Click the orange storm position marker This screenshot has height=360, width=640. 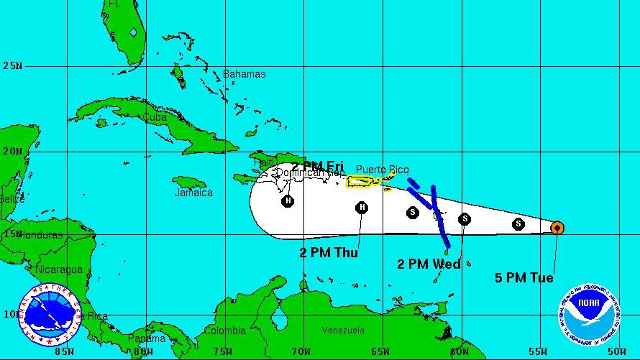point(557,228)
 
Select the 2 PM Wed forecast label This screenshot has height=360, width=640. point(429,264)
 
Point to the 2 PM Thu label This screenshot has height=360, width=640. point(329,252)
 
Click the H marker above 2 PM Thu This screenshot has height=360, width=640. point(362,208)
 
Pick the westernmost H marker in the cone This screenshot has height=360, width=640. point(288,200)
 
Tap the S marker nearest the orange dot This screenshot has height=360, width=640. point(518,224)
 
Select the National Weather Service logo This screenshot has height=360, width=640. point(49,315)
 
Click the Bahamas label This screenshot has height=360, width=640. point(244,74)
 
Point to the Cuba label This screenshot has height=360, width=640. point(155,117)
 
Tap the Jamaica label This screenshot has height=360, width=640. point(193,193)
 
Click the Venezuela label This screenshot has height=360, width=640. point(343,330)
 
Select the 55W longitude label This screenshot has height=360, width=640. point(538,351)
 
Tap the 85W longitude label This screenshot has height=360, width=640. point(65,351)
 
